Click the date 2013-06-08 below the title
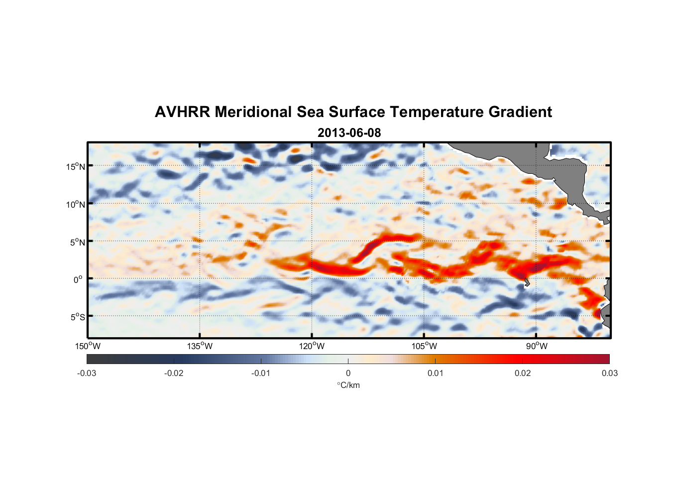pos(349,133)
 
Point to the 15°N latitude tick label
pos(76,166)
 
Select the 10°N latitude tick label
pos(76,204)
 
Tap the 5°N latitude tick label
pos(78,242)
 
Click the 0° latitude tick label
pos(79,280)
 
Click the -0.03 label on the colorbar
pos(87,373)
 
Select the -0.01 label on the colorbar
pos(261,373)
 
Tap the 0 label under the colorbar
pos(348,373)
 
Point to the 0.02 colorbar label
pos(523,373)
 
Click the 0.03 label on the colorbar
pos(609,373)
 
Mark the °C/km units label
pos(348,385)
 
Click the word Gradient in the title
pos(520,112)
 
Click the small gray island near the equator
pos(527,283)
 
